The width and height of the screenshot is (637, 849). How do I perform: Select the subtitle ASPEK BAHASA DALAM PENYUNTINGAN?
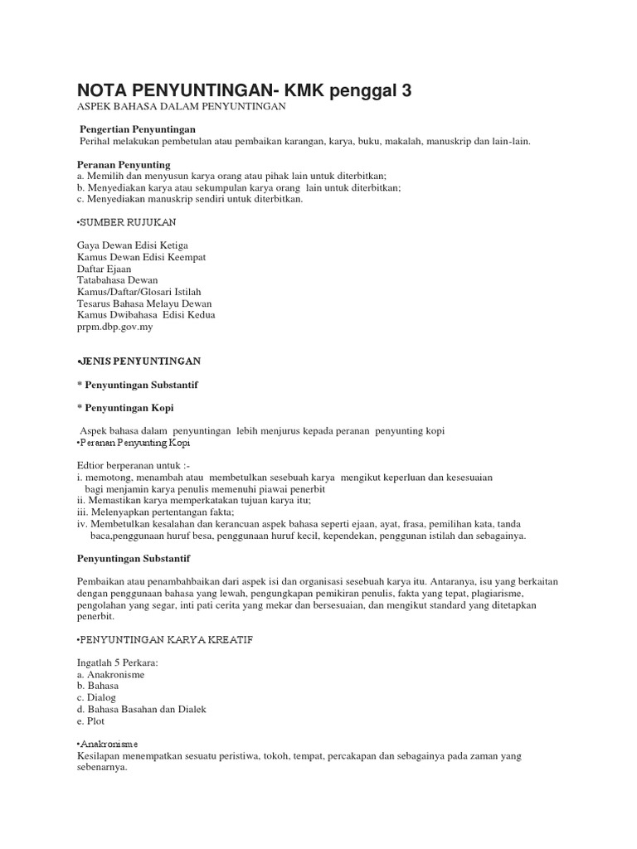click(x=180, y=108)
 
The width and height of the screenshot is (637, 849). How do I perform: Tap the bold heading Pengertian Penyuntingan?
click(x=137, y=130)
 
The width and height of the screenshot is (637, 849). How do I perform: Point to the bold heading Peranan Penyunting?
click(x=123, y=165)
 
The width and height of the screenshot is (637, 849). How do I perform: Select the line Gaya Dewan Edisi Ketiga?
click(x=132, y=246)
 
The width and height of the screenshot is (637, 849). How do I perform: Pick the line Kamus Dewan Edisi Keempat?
click(x=141, y=258)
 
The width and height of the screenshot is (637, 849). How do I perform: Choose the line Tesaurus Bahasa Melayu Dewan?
click(x=146, y=304)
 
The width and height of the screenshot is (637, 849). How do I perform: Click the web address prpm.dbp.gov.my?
click(x=114, y=327)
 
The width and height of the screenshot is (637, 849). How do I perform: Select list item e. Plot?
click(x=90, y=721)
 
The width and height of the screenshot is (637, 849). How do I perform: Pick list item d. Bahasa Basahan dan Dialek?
click(x=140, y=710)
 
